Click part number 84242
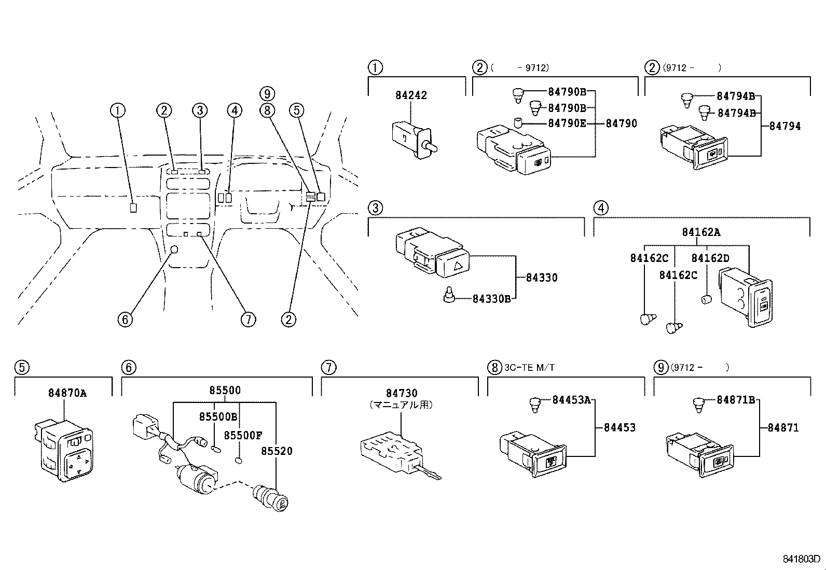(411, 95)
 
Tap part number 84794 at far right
(784, 126)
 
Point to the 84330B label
(491, 299)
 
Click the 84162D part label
(710, 258)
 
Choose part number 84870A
(67, 393)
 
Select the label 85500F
(243, 435)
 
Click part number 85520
(277, 451)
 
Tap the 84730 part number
(402, 393)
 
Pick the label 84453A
(571, 400)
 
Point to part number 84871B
(736, 400)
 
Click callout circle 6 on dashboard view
(125, 319)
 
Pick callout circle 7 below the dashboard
(248, 319)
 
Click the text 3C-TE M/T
(530, 368)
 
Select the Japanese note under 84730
(401, 405)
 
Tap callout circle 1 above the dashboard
(118, 110)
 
